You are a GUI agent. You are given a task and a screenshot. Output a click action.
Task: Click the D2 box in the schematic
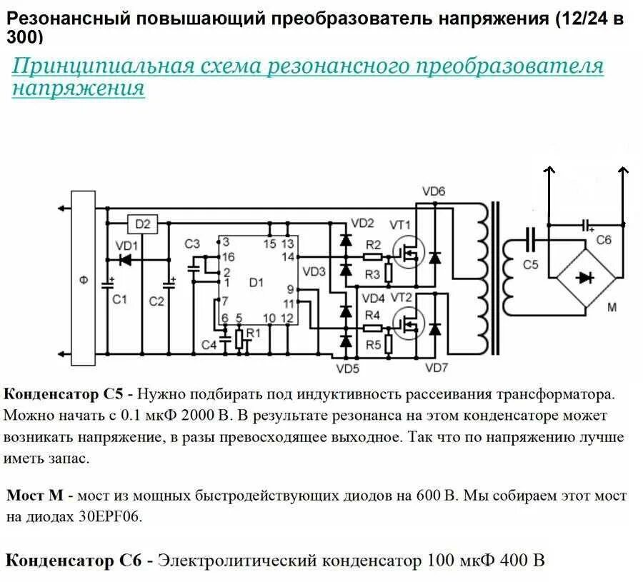(143, 224)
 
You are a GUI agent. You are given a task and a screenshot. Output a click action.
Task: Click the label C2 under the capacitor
(156, 301)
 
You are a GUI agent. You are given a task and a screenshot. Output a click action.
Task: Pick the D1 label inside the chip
(256, 281)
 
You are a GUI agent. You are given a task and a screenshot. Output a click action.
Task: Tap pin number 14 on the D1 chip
(288, 256)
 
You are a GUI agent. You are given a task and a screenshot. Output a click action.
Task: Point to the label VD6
(434, 191)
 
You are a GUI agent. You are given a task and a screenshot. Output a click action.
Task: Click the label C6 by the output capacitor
(604, 241)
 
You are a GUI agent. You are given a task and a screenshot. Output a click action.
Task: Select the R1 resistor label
(252, 333)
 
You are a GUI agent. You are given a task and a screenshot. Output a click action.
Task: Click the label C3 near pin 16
(192, 244)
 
